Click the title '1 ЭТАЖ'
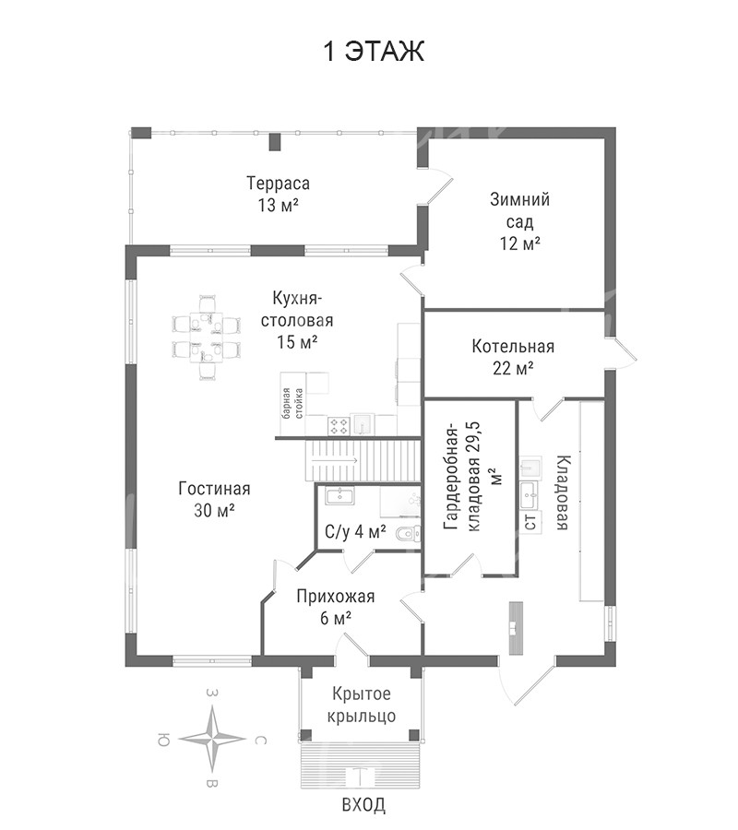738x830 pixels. pos(373,52)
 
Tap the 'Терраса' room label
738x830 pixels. pos(277,182)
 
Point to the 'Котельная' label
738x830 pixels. pos(513,347)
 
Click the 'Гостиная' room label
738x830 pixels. pos(214,489)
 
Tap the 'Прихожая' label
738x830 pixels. pos(335,596)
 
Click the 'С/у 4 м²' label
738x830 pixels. pos(355,532)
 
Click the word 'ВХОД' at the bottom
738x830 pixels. pos(363,805)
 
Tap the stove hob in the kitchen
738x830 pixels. pos(339,425)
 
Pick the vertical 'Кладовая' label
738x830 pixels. pos(562,493)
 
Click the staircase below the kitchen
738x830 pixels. pos(351,457)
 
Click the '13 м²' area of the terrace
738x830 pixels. pos(277,205)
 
